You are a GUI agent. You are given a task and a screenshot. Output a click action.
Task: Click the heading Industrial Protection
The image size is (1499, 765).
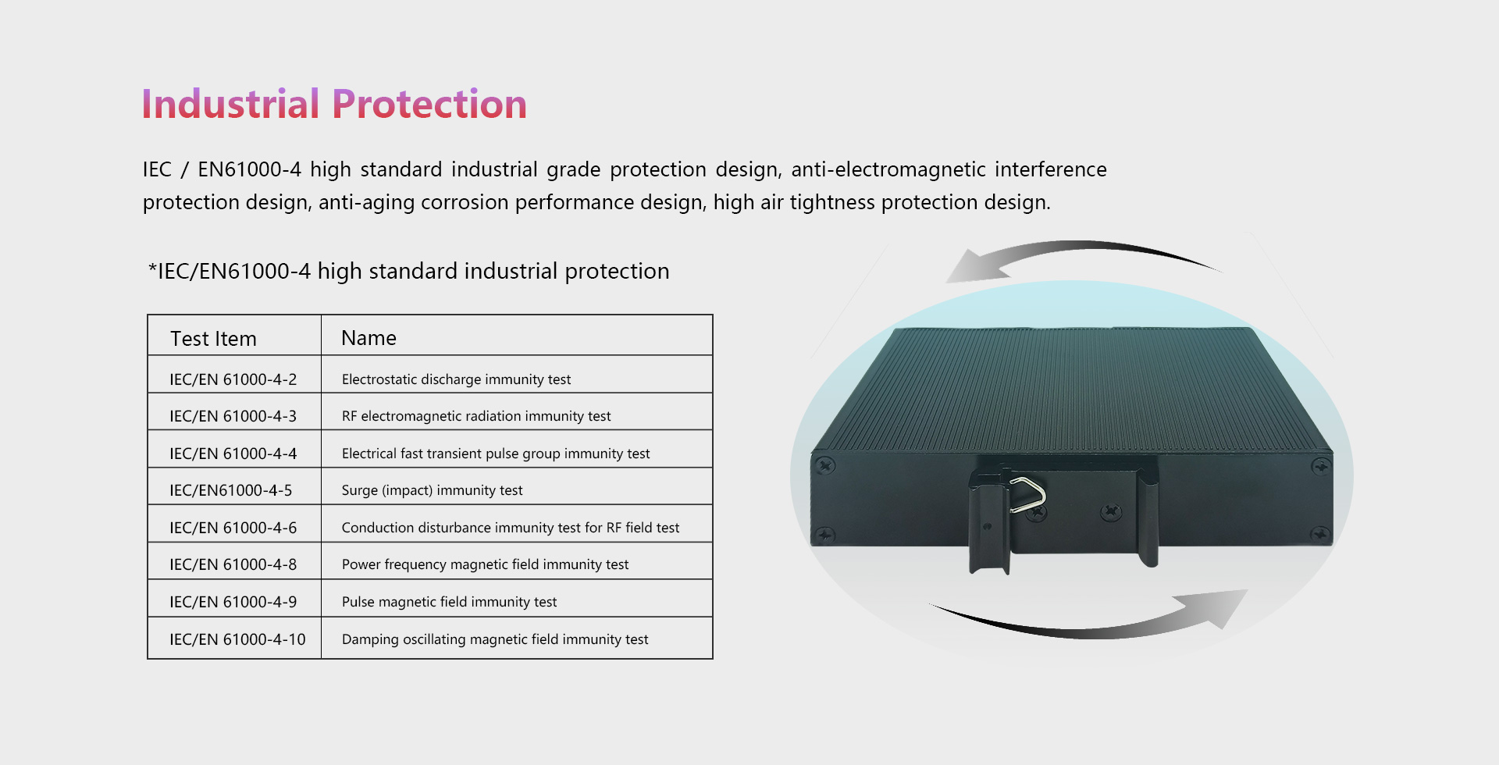334,105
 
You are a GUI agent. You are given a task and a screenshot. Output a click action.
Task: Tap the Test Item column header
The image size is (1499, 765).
213,339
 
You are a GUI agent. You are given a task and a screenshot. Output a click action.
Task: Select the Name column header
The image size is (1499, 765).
369,338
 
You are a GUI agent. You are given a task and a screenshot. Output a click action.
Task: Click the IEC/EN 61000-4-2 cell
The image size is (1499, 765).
233,379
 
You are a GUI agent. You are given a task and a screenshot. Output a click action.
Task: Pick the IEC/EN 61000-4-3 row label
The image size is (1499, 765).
233,416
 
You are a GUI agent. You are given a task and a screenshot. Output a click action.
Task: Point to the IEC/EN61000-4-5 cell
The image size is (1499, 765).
230,490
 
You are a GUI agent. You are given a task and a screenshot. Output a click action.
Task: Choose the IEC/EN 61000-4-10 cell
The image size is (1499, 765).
237,639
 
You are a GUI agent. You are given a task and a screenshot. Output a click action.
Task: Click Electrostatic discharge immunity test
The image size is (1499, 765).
456,379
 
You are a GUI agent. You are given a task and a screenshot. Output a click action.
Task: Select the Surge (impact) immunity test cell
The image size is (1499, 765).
432,490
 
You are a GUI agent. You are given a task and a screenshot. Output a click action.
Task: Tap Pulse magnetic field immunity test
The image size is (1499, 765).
449,602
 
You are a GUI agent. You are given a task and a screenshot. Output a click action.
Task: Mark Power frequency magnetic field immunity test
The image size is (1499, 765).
485,564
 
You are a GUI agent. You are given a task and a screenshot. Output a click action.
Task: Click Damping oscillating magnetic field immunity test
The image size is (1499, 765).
495,639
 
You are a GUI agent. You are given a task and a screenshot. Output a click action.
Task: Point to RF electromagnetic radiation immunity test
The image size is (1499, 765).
476,416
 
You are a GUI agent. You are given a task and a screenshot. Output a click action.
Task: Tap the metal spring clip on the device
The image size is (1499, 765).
1028,495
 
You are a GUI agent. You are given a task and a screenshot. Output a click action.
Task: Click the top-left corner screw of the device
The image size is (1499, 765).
824,466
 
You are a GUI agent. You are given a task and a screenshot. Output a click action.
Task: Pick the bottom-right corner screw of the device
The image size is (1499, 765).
1320,535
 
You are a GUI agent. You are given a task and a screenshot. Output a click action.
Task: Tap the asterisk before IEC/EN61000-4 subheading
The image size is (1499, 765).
152,268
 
